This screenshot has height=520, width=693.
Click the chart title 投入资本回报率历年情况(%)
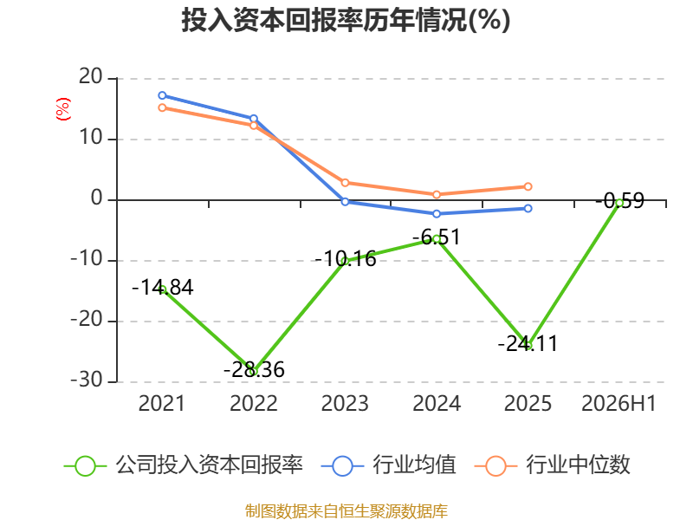click(x=346, y=20)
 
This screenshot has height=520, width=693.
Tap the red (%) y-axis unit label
click(x=62, y=109)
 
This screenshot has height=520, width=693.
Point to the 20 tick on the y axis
click(x=91, y=77)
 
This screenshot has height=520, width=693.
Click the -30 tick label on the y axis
click(x=87, y=380)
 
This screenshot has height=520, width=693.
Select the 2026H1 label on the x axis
click(x=619, y=403)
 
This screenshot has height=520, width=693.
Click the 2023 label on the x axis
click(x=345, y=403)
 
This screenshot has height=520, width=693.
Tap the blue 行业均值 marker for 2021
click(x=162, y=95)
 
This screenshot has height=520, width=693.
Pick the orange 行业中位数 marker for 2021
click(x=162, y=107)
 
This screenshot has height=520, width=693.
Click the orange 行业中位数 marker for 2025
click(x=528, y=186)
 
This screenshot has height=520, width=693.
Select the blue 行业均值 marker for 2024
click(x=437, y=213)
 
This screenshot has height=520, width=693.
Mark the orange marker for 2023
click(x=345, y=183)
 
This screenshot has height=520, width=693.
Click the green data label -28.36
click(x=254, y=370)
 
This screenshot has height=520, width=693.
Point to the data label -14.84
click(x=163, y=288)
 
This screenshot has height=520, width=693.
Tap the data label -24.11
click(x=528, y=343)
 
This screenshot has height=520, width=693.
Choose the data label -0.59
click(x=620, y=201)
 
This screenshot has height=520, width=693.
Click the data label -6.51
click(x=437, y=237)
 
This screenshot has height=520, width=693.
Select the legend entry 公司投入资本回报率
click(x=184, y=465)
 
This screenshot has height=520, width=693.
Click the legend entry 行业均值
click(x=388, y=465)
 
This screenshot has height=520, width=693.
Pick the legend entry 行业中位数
click(x=552, y=465)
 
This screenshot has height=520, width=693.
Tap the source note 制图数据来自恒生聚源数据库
click(x=346, y=511)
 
